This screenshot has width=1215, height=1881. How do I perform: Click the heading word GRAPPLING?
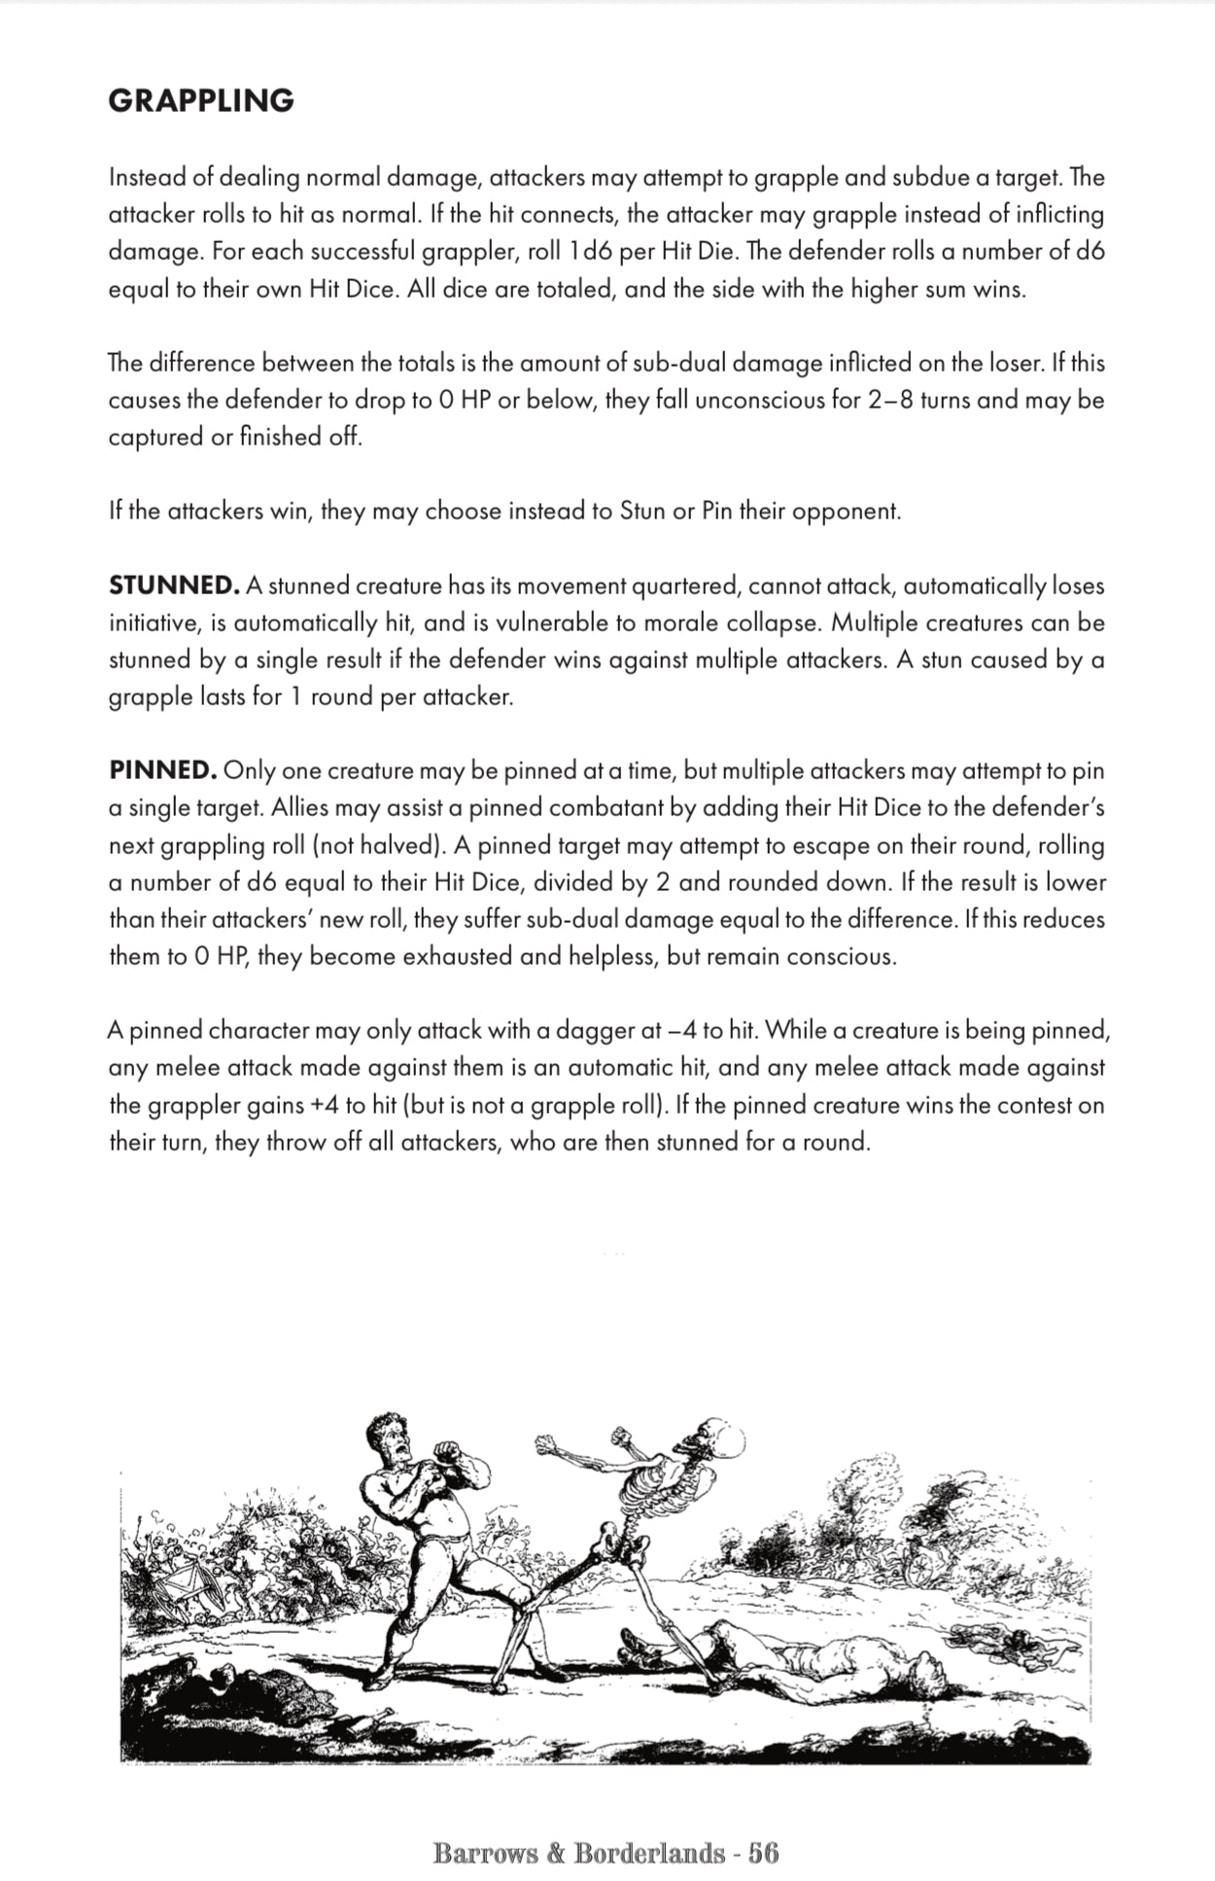pos(201,101)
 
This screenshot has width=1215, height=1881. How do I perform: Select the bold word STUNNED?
pos(174,586)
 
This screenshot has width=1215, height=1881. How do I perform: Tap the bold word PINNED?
pos(162,771)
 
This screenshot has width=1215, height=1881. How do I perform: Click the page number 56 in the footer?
pos(764,1853)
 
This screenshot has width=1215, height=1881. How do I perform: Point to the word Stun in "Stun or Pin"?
pos(642,512)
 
